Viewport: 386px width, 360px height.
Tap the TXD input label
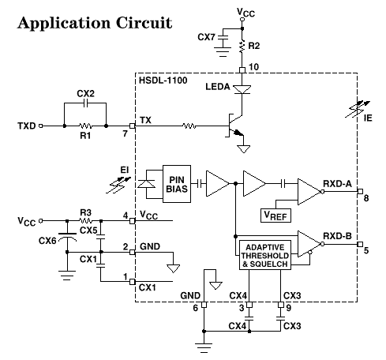pos(27,126)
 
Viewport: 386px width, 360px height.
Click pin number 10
pos(253,66)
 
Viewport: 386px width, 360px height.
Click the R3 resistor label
pos(85,212)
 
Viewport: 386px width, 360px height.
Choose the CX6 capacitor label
pos(48,242)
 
